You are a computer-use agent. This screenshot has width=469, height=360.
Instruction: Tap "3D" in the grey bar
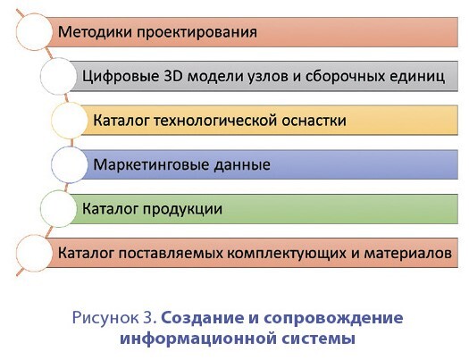(173, 76)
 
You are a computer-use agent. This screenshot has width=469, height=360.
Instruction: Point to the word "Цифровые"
(121, 77)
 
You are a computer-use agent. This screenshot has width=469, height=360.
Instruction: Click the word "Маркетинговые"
(151, 164)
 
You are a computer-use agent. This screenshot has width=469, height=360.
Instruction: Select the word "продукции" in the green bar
(182, 209)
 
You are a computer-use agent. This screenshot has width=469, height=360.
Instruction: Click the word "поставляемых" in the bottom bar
(171, 254)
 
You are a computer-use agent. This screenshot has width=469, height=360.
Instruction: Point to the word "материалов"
(407, 254)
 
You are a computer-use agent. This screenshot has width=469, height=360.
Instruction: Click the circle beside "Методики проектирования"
(34, 31)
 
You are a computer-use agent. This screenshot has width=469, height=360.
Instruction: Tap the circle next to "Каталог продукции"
(59, 209)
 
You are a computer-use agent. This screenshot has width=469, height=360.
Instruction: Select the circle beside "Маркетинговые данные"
(70, 164)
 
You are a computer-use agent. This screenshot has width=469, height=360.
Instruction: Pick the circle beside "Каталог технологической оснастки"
(70, 121)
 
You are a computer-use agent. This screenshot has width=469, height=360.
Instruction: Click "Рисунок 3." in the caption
(114, 318)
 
